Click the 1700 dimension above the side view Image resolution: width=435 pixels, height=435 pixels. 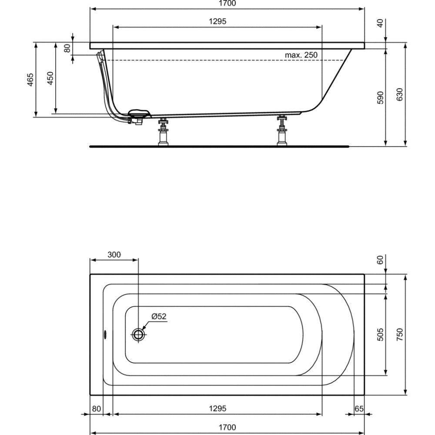point(227,3)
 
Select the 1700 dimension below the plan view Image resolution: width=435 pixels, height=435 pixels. point(227,427)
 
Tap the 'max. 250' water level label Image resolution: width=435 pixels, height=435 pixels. point(301,55)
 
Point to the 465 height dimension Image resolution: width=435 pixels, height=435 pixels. point(30,80)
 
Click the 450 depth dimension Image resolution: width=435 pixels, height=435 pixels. point(50,78)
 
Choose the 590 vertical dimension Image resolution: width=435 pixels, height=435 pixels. point(380,97)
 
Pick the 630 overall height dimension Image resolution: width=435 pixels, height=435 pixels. point(399,94)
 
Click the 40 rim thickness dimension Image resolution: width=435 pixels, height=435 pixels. point(380,23)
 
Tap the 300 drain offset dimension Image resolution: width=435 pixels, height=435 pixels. point(114,254)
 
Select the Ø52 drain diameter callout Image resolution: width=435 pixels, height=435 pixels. point(159,316)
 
